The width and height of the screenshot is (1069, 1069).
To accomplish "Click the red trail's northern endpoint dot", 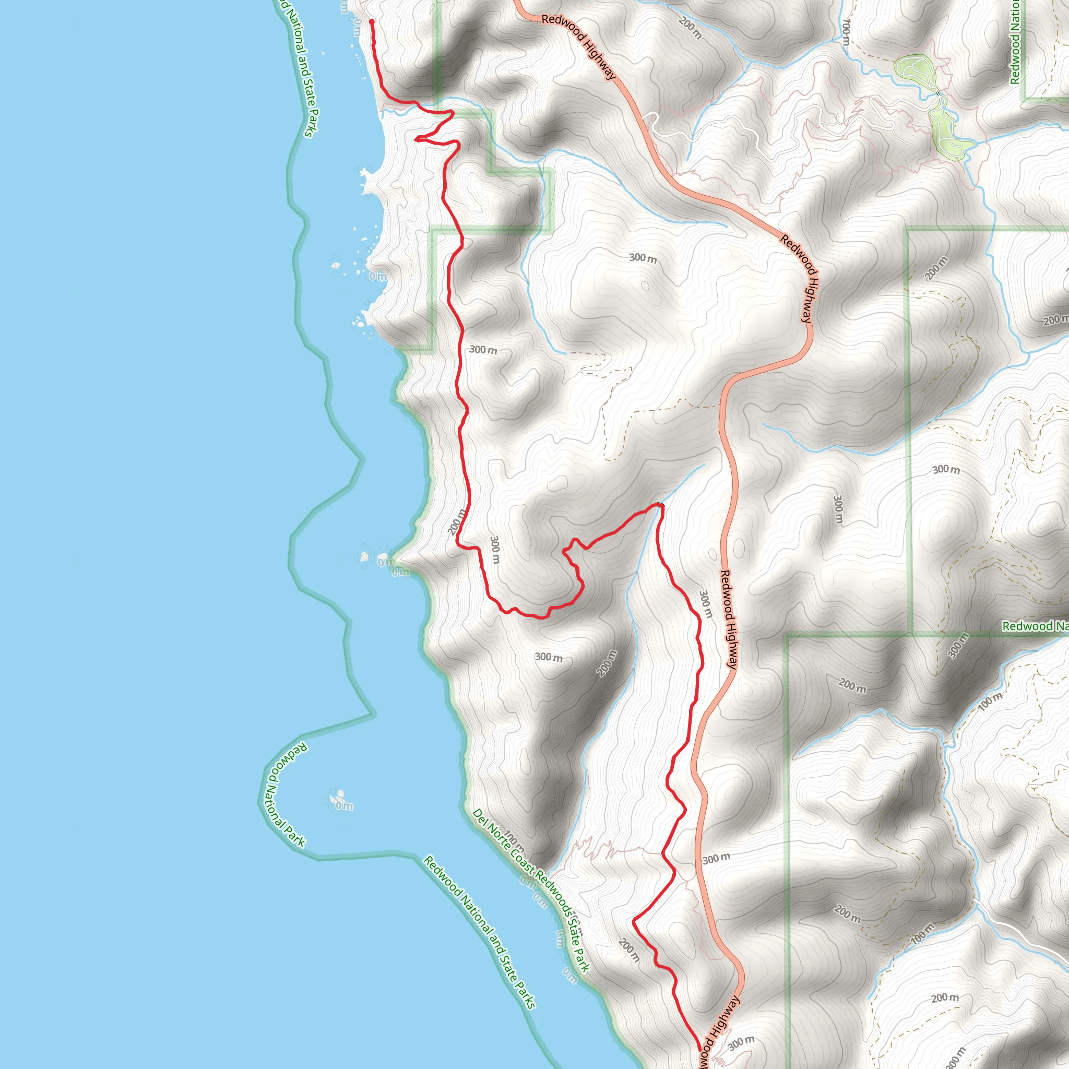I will click(371, 21).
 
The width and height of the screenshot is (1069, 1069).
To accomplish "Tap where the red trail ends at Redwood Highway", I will click(699, 1049).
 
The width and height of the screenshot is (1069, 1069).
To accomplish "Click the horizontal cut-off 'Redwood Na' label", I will click(1035, 626).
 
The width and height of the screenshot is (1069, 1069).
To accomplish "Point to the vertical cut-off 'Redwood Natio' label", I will click(1015, 42).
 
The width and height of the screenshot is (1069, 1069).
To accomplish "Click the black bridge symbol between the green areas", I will click(937, 93).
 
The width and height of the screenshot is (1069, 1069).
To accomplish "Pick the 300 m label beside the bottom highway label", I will click(741, 1043).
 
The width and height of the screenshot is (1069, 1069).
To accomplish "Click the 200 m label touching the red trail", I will click(457, 522).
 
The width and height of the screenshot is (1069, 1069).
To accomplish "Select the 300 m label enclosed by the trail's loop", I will click(495, 550).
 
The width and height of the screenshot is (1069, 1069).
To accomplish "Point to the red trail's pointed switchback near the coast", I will click(417, 139).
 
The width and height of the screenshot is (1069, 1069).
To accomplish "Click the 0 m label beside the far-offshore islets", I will click(344, 806).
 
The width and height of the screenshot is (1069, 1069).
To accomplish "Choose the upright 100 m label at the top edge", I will click(846, 32).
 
